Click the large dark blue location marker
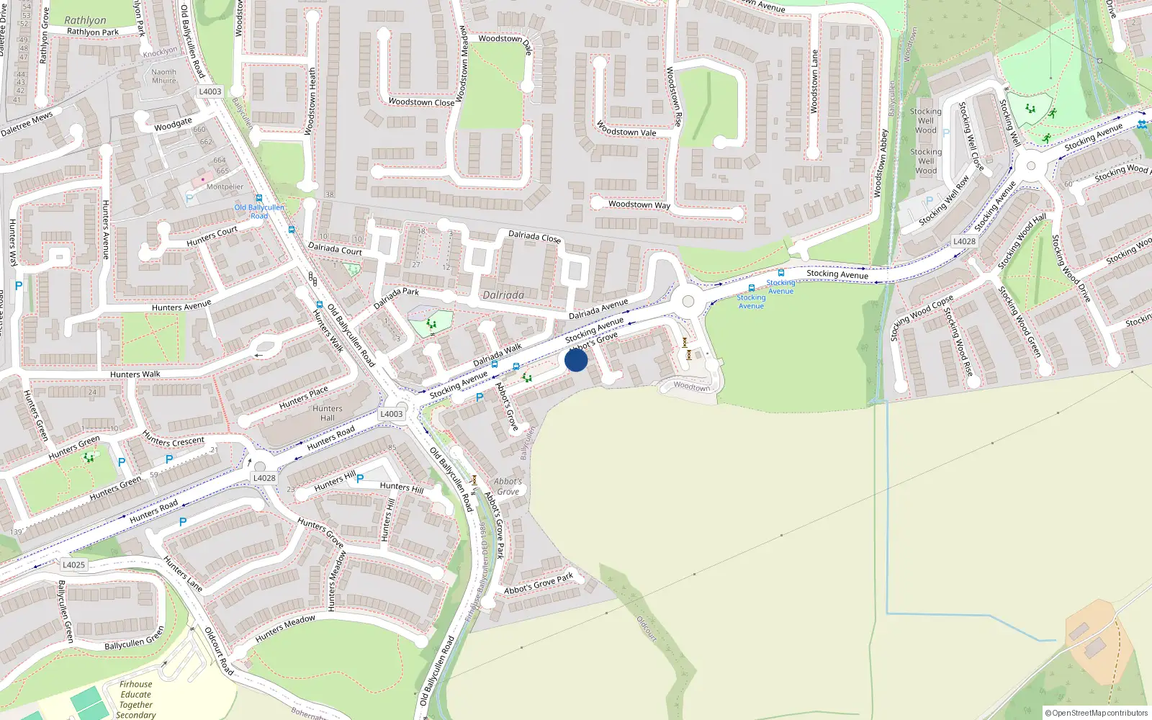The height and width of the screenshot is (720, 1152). coord(576,360)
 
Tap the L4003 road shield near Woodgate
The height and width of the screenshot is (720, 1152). coord(210,91)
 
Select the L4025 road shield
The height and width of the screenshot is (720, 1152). coord(73,564)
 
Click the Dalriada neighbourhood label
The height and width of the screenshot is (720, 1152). coord(503,295)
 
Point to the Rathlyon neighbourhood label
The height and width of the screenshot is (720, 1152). coord(85,20)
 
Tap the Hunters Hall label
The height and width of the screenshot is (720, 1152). coord(328,413)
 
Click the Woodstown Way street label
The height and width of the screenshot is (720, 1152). coord(639,204)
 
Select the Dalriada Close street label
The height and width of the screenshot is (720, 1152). coord(534,236)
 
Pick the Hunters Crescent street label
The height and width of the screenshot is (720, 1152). coord(174,440)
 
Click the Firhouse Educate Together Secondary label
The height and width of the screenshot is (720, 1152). coord(136,699)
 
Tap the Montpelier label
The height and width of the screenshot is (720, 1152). coord(225,186)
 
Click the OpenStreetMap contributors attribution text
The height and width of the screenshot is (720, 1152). coord(1097,713)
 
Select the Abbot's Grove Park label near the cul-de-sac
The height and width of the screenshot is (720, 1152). coord(539,584)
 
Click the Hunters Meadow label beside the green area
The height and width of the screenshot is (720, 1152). coord(285,629)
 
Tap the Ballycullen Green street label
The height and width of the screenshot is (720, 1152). coord(134,638)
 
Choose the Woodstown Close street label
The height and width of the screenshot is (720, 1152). coord(421,102)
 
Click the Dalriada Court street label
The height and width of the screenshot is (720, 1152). coord(335,249)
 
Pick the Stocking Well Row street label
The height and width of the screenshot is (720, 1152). coord(944,201)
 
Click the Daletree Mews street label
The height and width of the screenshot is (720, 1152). coord(27,124)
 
